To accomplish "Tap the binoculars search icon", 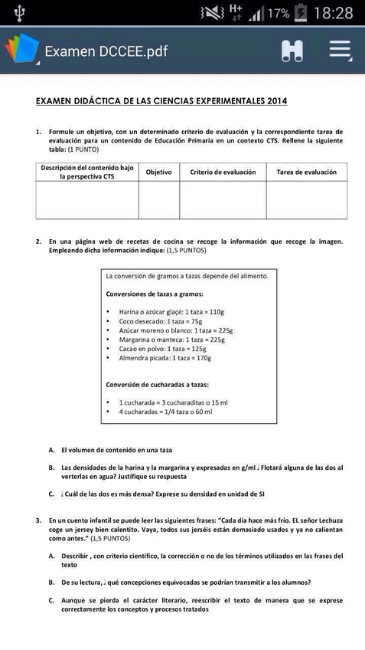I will [x=292, y=51].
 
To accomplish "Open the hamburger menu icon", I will [x=340, y=51].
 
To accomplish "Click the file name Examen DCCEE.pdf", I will [x=106, y=52].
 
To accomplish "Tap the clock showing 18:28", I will [x=334, y=13].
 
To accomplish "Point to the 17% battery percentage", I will [x=279, y=14].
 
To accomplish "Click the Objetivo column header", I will [x=158, y=172].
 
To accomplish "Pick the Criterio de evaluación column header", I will [x=223, y=172].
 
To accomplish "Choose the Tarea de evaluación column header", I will [x=306, y=172].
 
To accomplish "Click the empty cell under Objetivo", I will [x=158, y=200].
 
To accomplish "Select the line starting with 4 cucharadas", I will [x=165, y=412].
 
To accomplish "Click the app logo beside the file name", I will [x=21, y=50].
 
